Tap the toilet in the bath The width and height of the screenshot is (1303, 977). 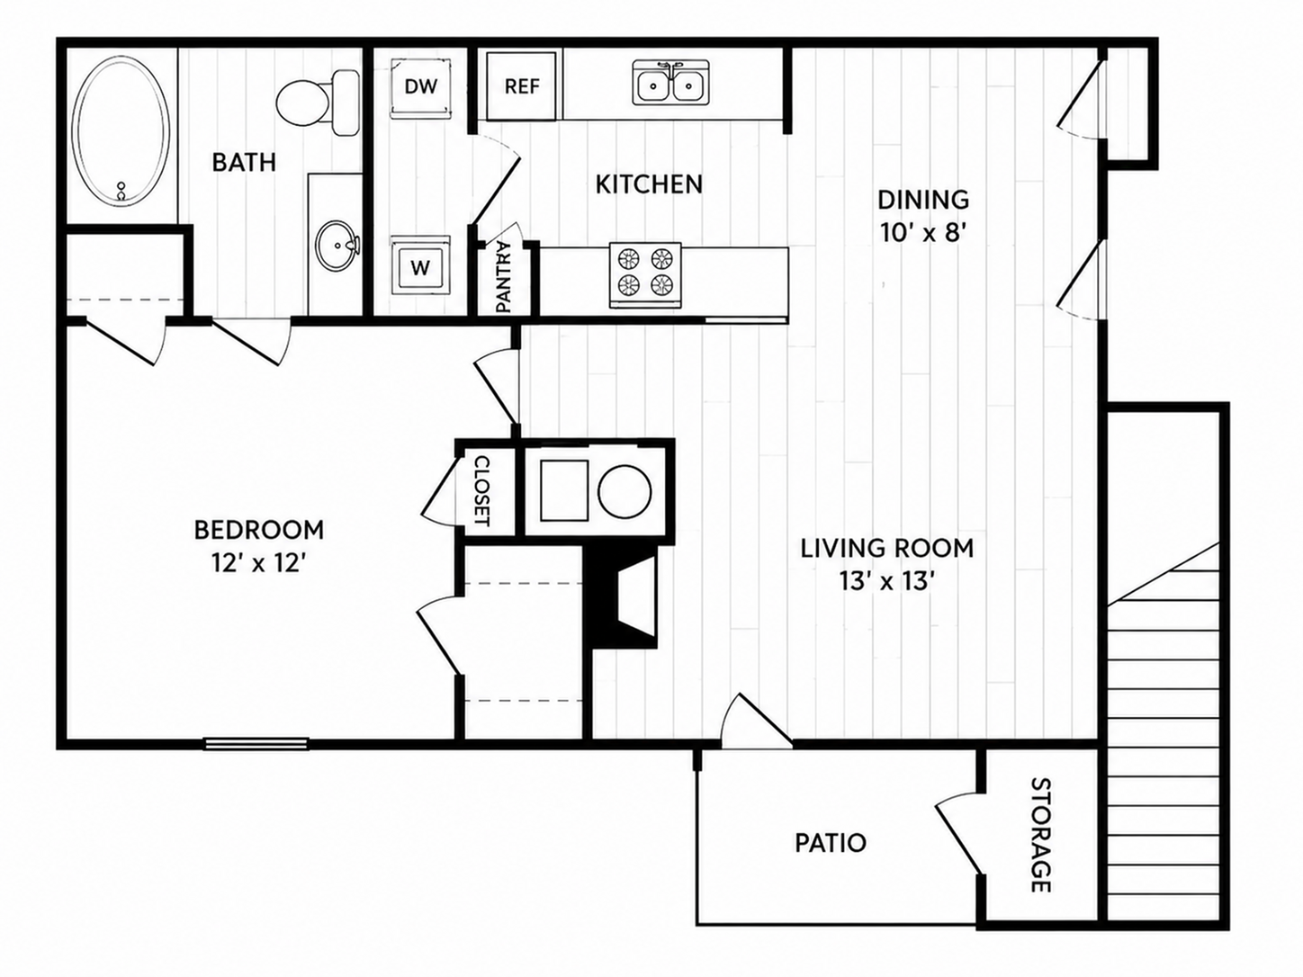318,103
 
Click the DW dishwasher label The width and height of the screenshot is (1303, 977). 421,86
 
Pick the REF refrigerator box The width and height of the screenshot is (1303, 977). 522,86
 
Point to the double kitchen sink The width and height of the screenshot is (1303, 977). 670,83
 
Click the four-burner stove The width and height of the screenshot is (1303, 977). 645,274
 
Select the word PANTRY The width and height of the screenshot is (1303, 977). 503,276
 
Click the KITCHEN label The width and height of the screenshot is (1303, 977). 649,184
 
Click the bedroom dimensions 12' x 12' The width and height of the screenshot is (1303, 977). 258,563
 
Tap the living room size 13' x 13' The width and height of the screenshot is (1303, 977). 884,581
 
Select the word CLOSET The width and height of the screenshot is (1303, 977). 482,491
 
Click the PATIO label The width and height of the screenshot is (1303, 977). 831,843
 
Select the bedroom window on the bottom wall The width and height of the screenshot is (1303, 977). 256,743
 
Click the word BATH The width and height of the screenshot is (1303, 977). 244,162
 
